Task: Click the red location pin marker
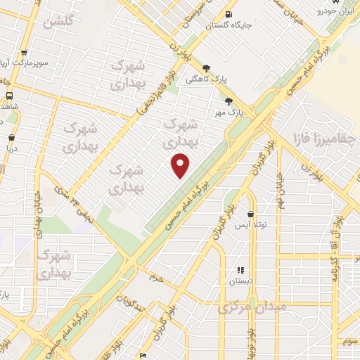point(181,165)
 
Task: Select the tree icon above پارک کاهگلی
point(205,69)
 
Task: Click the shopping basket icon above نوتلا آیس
point(250,214)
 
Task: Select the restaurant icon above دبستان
point(240,269)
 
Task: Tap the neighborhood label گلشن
point(59,22)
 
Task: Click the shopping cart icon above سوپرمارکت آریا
point(24,52)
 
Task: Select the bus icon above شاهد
point(10,95)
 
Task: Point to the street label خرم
point(155,278)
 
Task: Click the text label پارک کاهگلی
point(202,80)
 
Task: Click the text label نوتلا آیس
point(252,225)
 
